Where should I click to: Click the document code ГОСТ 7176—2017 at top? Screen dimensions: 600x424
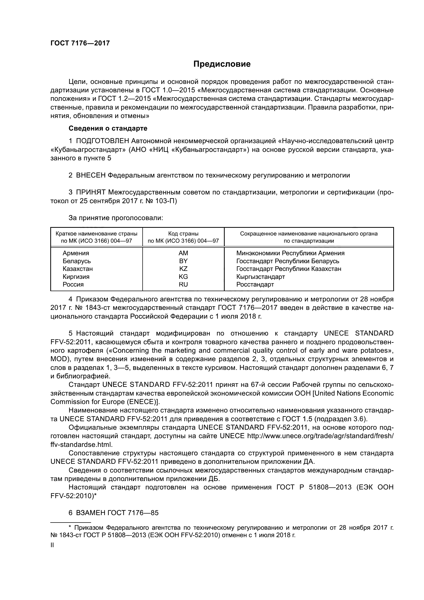80,43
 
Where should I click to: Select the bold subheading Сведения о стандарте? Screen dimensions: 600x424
108,128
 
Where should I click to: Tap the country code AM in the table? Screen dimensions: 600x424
183,253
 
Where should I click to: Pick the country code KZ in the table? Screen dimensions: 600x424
183,269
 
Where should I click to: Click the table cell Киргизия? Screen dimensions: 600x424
76,277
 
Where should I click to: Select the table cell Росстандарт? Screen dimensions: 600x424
255,284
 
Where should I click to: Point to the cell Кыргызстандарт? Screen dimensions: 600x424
260,277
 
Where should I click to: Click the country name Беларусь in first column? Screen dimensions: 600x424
76,261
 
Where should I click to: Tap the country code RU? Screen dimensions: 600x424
183,284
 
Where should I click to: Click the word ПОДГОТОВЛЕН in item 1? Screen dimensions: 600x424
102,141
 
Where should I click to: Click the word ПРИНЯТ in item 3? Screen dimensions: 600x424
91,193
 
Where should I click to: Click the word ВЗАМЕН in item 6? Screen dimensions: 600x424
91,513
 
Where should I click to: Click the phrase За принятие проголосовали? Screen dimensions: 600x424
116,218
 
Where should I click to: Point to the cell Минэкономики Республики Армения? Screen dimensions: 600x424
290,253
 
